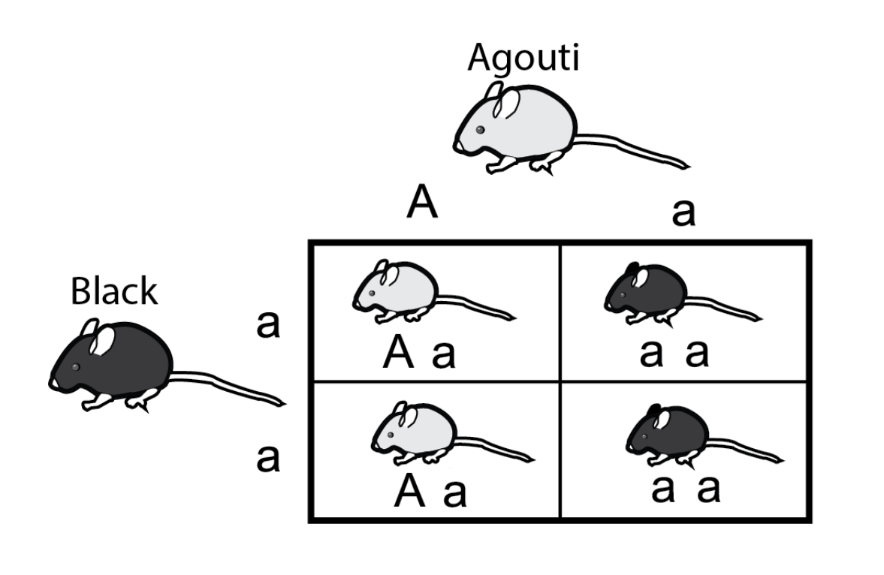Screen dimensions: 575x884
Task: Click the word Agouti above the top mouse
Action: [523, 59]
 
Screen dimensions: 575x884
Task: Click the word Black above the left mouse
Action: [114, 291]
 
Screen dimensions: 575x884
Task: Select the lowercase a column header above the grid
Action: [683, 213]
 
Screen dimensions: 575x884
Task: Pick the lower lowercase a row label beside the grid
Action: [267, 459]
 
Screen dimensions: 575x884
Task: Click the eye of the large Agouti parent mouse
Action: [480, 129]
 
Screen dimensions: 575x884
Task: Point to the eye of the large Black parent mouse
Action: [75, 366]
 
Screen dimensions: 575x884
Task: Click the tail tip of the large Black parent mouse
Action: [283, 403]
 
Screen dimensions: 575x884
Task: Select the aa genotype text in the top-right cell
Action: [674, 354]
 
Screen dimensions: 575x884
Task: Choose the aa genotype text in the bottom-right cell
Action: [686, 489]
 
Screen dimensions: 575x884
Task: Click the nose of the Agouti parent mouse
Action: [457, 144]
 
